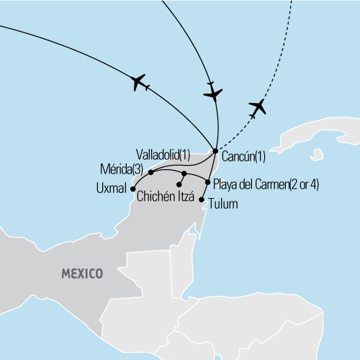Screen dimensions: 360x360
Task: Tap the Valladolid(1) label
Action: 163,154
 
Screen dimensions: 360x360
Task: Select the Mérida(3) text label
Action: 124,168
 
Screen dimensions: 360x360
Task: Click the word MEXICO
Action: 81,274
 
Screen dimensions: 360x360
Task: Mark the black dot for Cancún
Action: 215,150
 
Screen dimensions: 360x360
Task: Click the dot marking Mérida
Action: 150,172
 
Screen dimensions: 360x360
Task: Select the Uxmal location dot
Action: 132,189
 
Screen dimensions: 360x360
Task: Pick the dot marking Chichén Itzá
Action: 179,185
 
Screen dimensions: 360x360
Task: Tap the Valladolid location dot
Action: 184,174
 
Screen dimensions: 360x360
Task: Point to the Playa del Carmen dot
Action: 207,182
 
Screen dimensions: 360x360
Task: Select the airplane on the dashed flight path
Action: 257,108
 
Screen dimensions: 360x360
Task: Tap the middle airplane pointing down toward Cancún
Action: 212,93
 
